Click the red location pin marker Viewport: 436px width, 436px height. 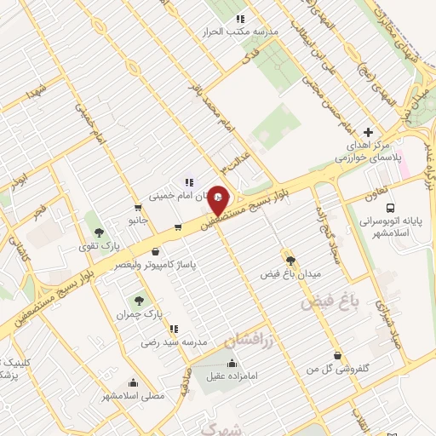click(x=218, y=200)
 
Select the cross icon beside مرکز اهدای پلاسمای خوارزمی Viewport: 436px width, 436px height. click(x=368, y=132)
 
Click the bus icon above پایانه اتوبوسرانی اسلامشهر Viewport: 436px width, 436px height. click(x=390, y=208)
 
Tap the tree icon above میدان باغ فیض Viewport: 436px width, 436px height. click(x=291, y=261)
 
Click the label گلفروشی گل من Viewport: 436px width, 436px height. click(x=339, y=369)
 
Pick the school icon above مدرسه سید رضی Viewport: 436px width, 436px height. click(x=174, y=329)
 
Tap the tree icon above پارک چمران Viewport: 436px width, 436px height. click(x=138, y=300)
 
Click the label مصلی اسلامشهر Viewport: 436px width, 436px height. click(x=132, y=396)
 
